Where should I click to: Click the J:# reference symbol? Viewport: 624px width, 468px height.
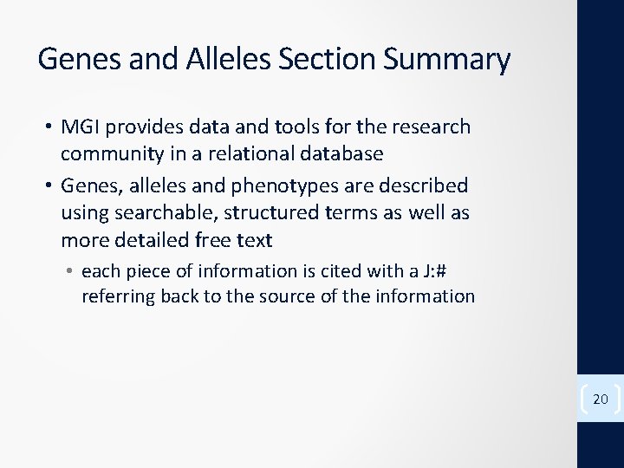pyautogui.click(x=437, y=271)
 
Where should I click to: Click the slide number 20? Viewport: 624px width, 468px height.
pyautogui.click(x=600, y=399)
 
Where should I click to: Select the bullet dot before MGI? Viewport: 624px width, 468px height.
pyautogui.click(x=49, y=127)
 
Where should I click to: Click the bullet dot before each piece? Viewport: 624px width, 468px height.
pyautogui.click(x=69, y=271)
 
